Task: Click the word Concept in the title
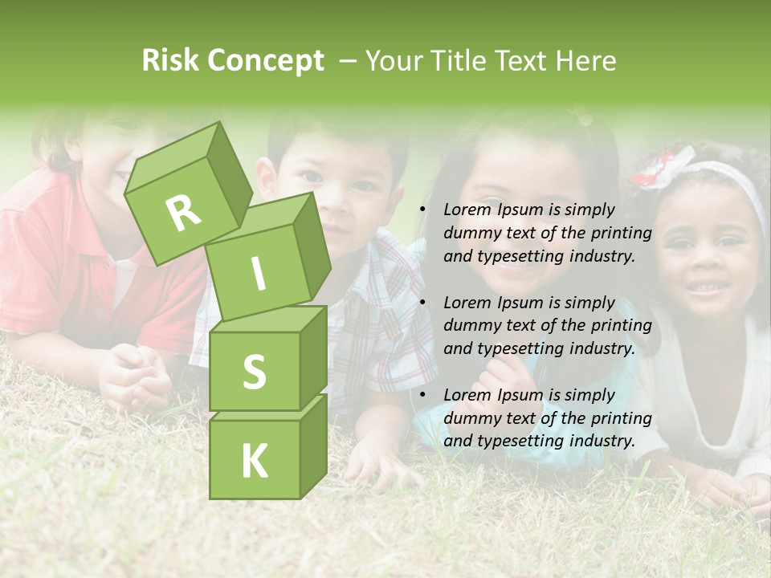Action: click(264, 61)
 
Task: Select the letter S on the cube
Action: click(254, 372)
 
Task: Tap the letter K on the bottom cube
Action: click(254, 461)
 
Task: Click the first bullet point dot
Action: click(423, 210)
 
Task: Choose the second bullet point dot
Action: click(423, 303)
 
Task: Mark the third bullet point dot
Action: click(423, 396)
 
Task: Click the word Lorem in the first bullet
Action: click(466, 210)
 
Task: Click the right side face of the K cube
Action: click(313, 446)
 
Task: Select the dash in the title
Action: click(349, 61)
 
